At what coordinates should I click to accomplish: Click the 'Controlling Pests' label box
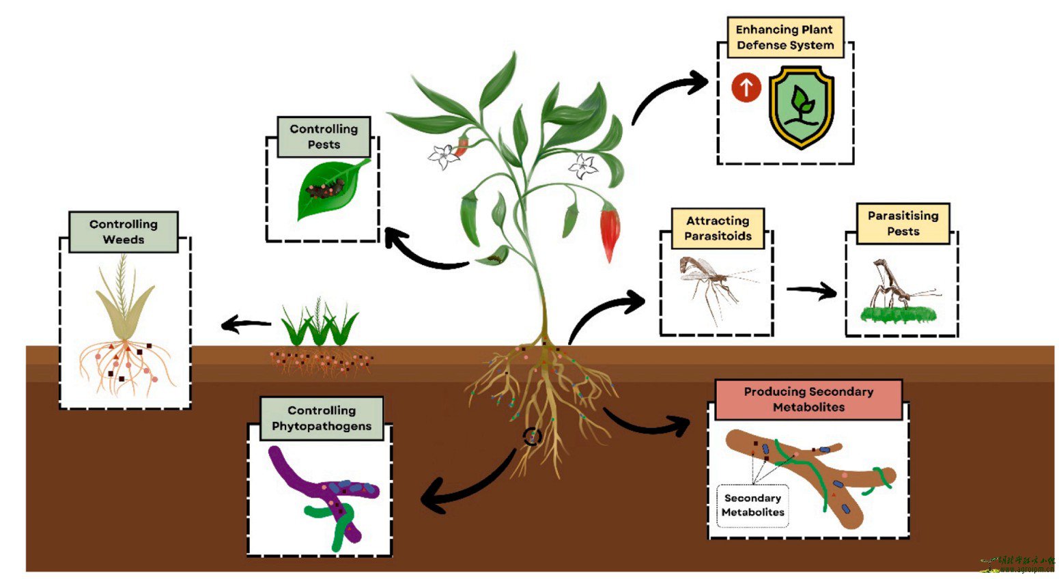[x=324, y=137]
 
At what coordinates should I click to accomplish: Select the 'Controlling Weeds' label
[x=124, y=231]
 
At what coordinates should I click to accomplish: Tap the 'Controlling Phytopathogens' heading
[x=322, y=418]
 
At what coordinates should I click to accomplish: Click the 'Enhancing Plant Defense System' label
[x=785, y=38]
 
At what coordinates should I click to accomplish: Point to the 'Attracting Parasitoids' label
[x=718, y=228]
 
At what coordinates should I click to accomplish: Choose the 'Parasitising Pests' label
[x=903, y=223]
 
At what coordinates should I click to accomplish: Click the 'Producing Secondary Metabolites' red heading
[x=808, y=399]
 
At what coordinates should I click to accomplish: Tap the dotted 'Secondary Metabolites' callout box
[x=753, y=505]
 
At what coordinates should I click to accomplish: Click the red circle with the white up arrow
[x=746, y=87]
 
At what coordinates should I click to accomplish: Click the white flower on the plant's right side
[x=584, y=166]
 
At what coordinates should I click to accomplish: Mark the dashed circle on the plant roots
[x=533, y=436]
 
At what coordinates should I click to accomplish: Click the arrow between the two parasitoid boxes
[x=811, y=291]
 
